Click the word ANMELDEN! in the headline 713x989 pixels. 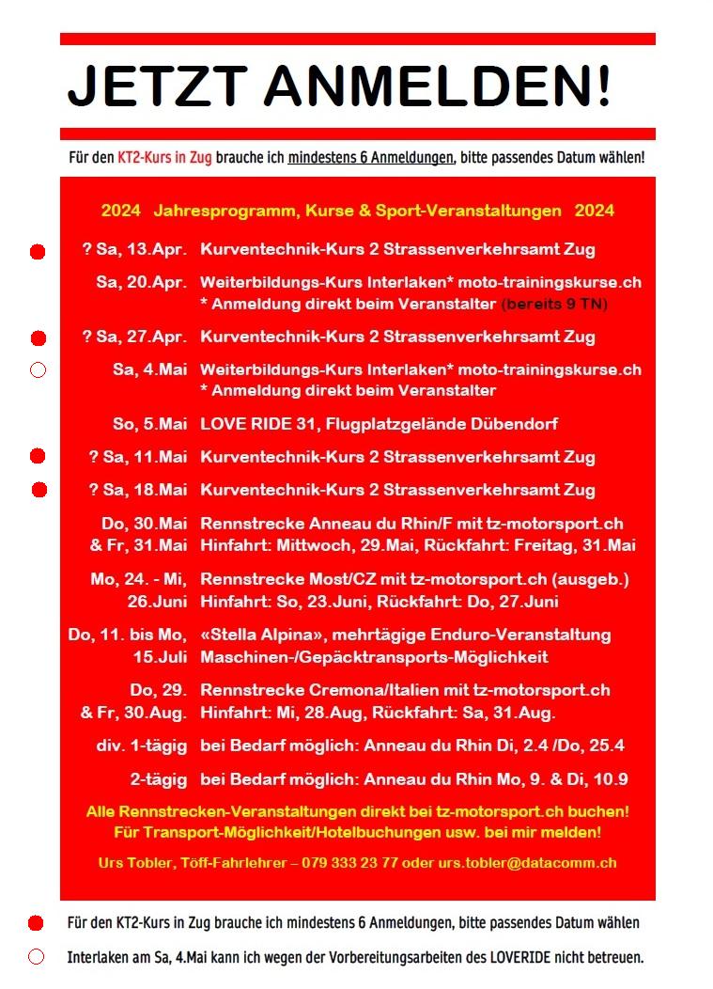pos(437,87)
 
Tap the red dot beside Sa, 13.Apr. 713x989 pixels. pos(38,252)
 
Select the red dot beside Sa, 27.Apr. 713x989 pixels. pos(38,338)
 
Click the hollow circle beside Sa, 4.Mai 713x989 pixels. pos(38,370)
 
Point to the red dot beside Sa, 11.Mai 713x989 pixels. pos(38,457)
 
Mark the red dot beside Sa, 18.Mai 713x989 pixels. pos(39,490)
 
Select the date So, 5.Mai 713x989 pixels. pos(149,424)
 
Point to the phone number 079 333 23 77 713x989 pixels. pos(349,862)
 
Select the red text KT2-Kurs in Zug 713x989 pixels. pos(164,160)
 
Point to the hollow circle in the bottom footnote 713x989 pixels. pos(37,957)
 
